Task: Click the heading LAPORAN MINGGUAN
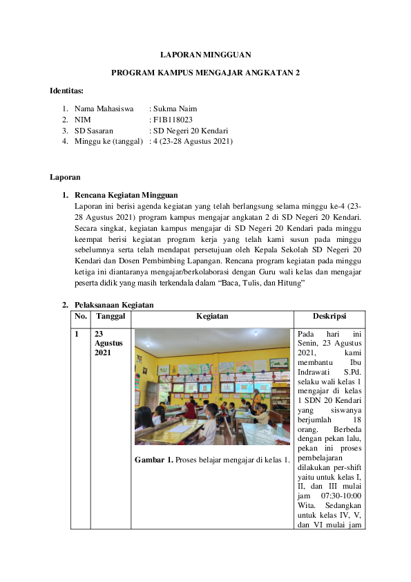(x=205, y=54)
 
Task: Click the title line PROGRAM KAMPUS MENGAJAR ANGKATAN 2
(x=205, y=73)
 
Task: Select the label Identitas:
(x=66, y=91)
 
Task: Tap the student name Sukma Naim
(x=173, y=109)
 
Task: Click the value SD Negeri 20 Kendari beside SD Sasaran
(x=191, y=131)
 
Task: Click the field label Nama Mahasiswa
(x=104, y=109)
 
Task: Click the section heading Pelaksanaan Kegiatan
(x=114, y=305)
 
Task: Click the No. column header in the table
(x=81, y=317)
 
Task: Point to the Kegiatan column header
(x=212, y=317)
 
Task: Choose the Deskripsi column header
(x=329, y=317)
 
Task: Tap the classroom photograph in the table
(x=212, y=386)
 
